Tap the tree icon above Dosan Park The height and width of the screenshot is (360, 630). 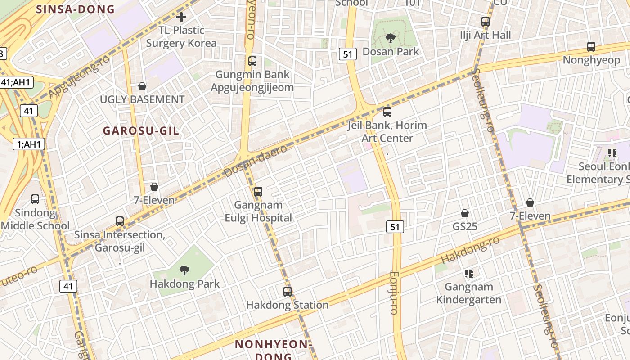[390, 38]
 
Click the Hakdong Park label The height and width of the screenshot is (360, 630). [184, 284]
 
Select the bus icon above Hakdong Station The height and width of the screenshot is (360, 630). [288, 292]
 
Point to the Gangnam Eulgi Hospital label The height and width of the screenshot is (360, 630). [258, 211]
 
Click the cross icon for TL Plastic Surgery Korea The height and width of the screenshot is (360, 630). [181, 18]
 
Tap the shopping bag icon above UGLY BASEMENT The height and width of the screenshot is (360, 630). [142, 86]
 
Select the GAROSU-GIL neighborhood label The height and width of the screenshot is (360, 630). [141, 131]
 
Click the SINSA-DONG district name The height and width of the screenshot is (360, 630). [75, 9]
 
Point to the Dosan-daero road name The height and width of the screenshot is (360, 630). [256, 161]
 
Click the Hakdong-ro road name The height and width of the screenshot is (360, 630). [470, 250]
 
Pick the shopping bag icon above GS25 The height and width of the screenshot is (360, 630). [465, 213]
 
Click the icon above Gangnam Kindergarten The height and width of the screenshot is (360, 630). [469, 273]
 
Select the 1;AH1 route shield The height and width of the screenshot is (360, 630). [28, 144]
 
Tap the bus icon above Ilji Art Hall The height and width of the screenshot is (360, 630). [485, 22]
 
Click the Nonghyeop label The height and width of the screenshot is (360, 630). [591, 60]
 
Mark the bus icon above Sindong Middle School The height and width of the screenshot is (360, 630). [35, 199]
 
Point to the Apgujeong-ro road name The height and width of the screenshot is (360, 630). [79, 77]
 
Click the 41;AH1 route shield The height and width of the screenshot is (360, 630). [16, 82]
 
